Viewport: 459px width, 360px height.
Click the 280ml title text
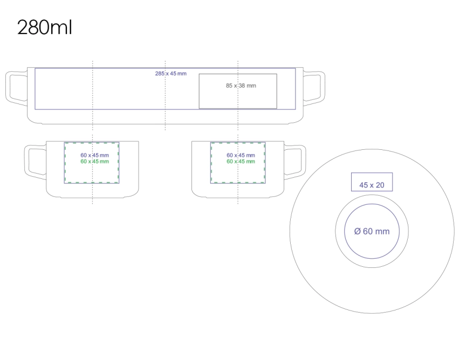[44, 27]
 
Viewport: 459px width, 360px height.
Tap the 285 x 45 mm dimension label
[170, 73]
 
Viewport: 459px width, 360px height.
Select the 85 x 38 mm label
[241, 86]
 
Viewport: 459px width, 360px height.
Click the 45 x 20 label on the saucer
[372, 185]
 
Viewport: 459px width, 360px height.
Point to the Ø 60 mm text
[372, 231]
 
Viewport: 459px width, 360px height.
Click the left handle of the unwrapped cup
[8, 88]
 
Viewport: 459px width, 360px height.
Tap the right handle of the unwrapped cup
[323, 88]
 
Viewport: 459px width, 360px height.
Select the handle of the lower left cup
[27, 162]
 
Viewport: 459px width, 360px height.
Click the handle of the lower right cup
[303, 162]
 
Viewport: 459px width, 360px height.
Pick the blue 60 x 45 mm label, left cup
[94, 155]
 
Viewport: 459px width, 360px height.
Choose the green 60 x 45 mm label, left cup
[94, 162]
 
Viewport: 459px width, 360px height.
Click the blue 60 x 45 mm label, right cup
[241, 155]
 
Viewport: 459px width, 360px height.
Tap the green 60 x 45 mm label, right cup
[241, 162]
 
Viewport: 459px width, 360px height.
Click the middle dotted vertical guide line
[166, 95]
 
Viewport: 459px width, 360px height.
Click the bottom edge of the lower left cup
[93, 198]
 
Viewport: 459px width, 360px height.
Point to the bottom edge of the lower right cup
[238, 198]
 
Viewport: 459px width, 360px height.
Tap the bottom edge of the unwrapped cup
[166, 124]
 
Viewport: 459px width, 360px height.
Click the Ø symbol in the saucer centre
[358, 231]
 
